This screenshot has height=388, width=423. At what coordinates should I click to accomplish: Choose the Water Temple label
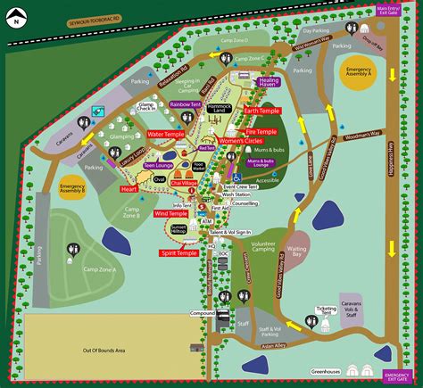click(167, 135)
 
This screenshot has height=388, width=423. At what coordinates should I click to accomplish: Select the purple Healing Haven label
click(270, 82)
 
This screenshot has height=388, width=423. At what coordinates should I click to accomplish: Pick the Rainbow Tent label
click(185, 104)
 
